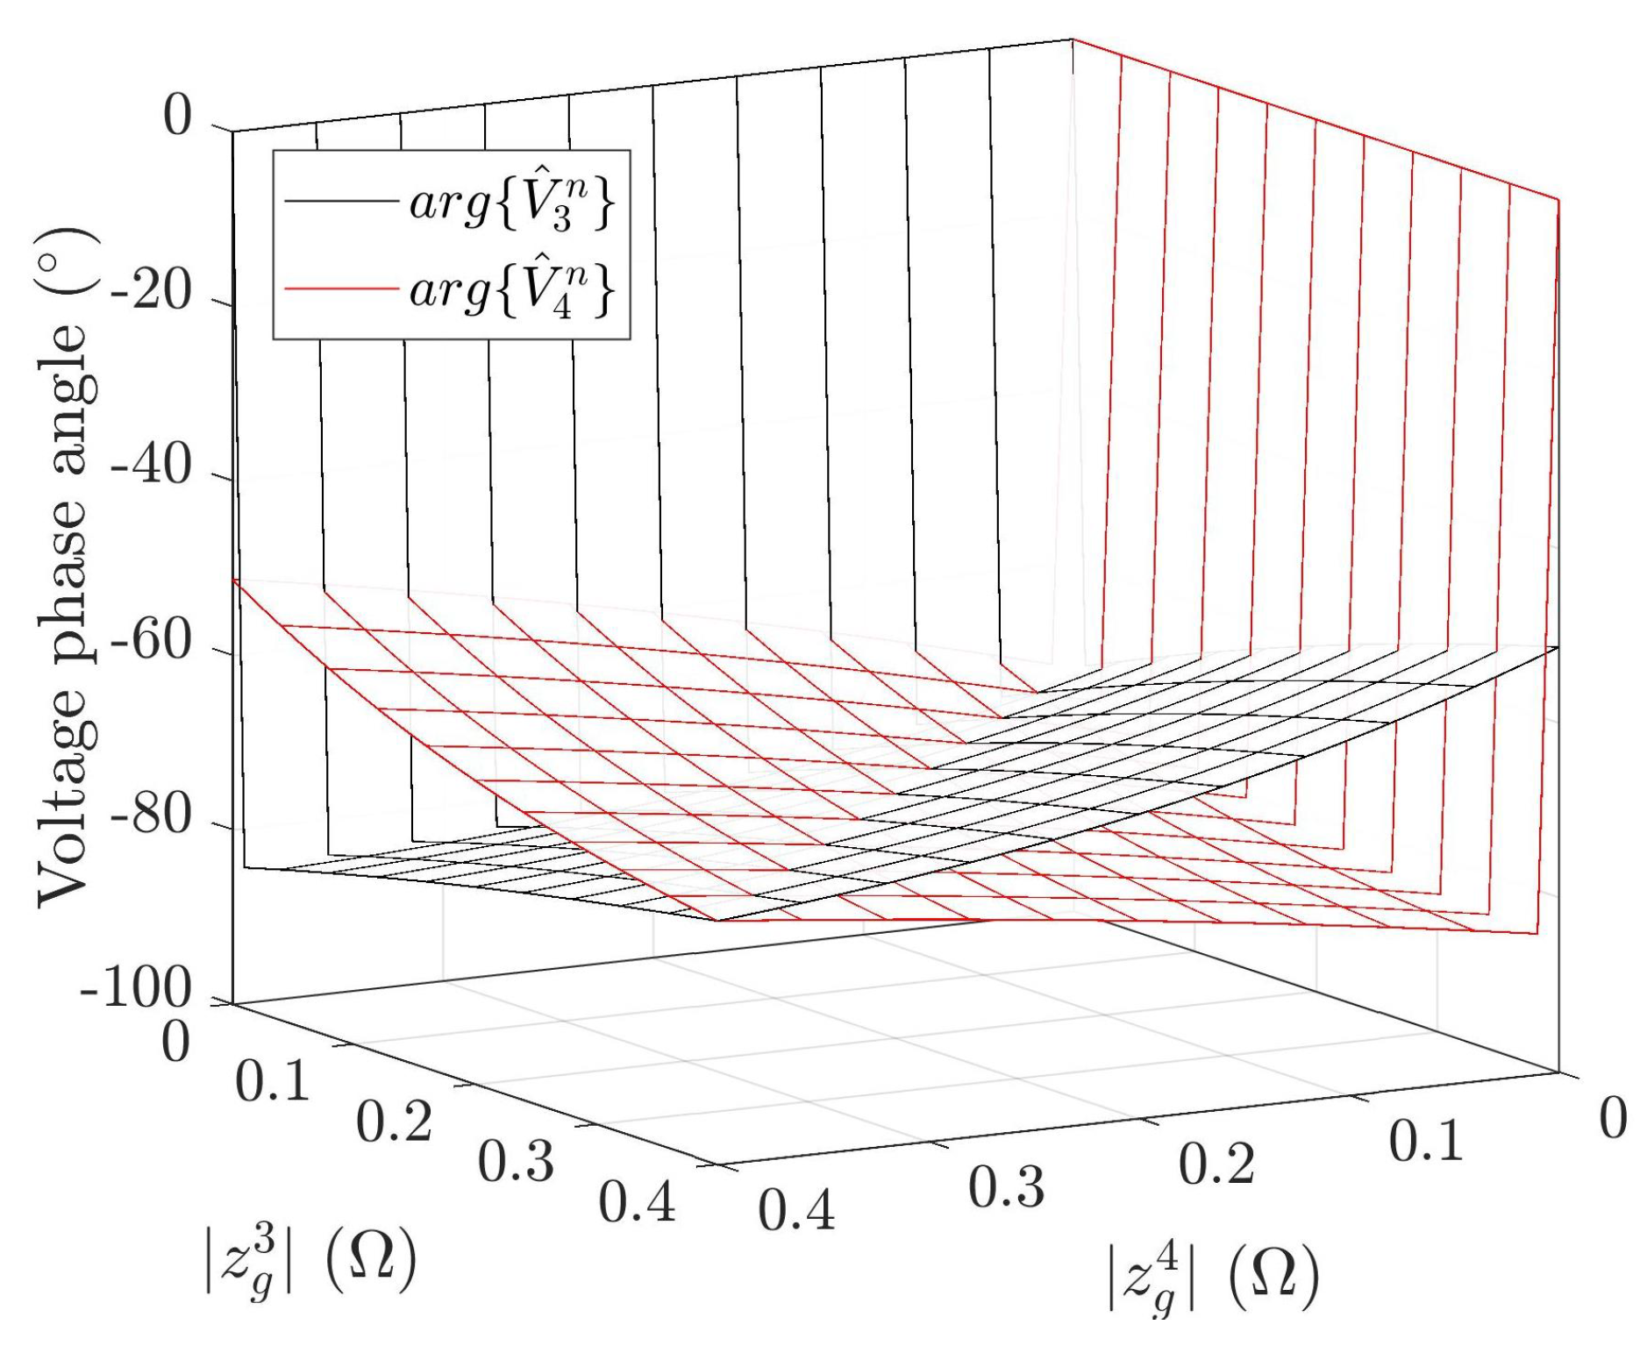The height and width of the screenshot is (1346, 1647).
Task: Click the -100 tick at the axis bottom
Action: pos(136,992)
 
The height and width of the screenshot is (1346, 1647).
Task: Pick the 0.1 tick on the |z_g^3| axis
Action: pos(272,1083)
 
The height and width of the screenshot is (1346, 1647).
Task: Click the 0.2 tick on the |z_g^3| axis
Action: pos(394,1123)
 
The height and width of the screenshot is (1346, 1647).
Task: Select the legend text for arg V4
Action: pos(511,289)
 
